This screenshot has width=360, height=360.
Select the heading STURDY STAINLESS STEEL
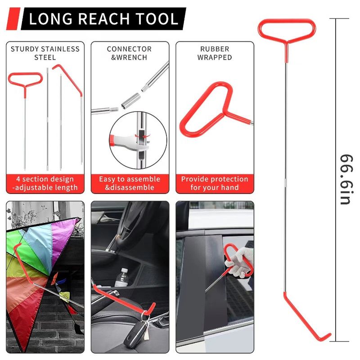[45, 53]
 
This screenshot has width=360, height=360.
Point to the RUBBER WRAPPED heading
[215, 53]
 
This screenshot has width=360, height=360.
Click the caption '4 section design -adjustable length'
[45, 183]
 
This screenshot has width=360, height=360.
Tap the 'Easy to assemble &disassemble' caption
[130, 183]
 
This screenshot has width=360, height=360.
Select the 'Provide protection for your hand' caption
[215, 183]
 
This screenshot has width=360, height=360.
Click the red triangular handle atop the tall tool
[287, 30]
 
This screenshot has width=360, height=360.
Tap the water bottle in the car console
[122, 278]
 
